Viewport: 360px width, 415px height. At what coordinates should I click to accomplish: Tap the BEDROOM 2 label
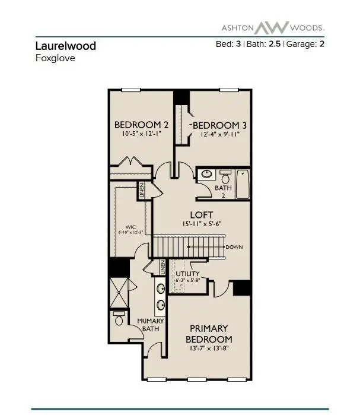(142, 125)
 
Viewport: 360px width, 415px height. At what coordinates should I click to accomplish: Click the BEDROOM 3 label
(219, 125)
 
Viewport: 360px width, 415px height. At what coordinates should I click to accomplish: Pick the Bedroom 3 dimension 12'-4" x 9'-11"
(220, 135)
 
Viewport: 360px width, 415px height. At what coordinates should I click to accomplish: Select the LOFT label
(201, 214)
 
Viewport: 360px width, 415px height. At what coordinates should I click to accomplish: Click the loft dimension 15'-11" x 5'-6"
(202, 224)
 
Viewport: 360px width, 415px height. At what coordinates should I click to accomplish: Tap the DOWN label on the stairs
(235, 247)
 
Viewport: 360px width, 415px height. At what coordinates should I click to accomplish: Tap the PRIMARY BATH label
(151, 325)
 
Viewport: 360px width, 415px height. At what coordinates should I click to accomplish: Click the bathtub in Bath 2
(243, 184)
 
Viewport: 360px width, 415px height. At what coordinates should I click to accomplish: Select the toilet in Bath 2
(225, 177)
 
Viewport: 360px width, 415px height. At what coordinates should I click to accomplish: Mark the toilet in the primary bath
(119, 320)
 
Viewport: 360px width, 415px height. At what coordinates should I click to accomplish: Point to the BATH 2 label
(219, 191)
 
